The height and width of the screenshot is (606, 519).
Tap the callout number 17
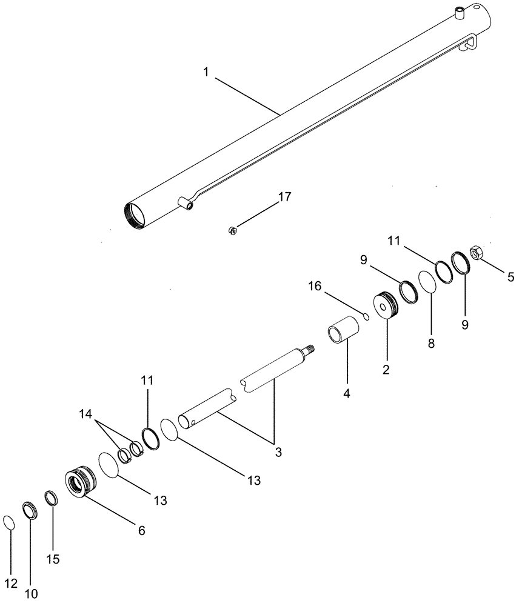tap(284, 197)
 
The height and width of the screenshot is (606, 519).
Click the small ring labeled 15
tap(52, 498)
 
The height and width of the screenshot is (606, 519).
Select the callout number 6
tap(141, 530)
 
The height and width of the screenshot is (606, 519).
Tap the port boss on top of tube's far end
tap(462, 10)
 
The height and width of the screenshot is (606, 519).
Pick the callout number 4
tap(346, 393)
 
